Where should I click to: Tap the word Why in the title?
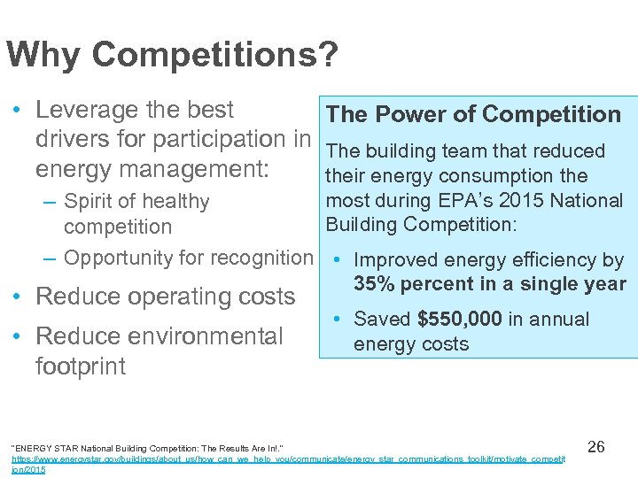pyautogui.click(x=44, y=56)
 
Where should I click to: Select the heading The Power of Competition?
pyautogui.click(x=473, y=114)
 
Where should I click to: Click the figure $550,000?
pyautogui.click(x=460, y=319)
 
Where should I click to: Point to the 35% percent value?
pyautogui.click(x=372, y=284)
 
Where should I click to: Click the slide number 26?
pyautogui.click(x=596, y=446)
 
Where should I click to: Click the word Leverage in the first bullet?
pyautogui.click(x=86, y=110)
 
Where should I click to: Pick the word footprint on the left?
pyautogui.click(x=81, y=366)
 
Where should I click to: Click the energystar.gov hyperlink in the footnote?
pyautogui.click(x=284, y=461)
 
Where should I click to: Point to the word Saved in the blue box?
pyautogui.click(x=383, y=319)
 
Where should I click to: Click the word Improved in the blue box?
pyautogui.click(x=395, y=260)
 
